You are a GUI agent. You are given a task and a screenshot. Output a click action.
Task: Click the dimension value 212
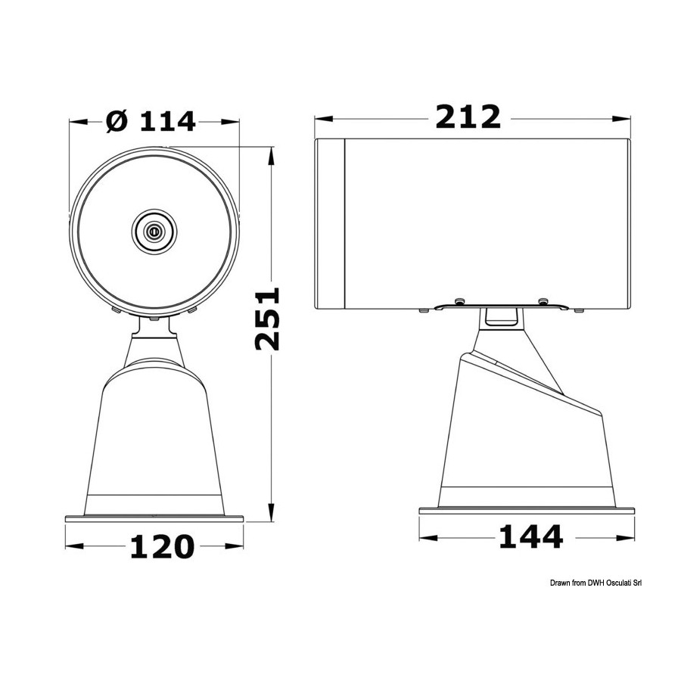468,117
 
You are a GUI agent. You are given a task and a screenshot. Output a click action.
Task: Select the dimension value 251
266,319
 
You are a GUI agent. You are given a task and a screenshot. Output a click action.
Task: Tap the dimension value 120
162,546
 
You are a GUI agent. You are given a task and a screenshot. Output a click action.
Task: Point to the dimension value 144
530,536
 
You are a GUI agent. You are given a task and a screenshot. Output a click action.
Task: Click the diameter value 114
168,121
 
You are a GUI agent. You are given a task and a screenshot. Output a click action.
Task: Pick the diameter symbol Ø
117,121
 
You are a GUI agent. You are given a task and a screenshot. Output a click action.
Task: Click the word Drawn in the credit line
560,583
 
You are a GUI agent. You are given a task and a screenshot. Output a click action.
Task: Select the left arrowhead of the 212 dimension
324,118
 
